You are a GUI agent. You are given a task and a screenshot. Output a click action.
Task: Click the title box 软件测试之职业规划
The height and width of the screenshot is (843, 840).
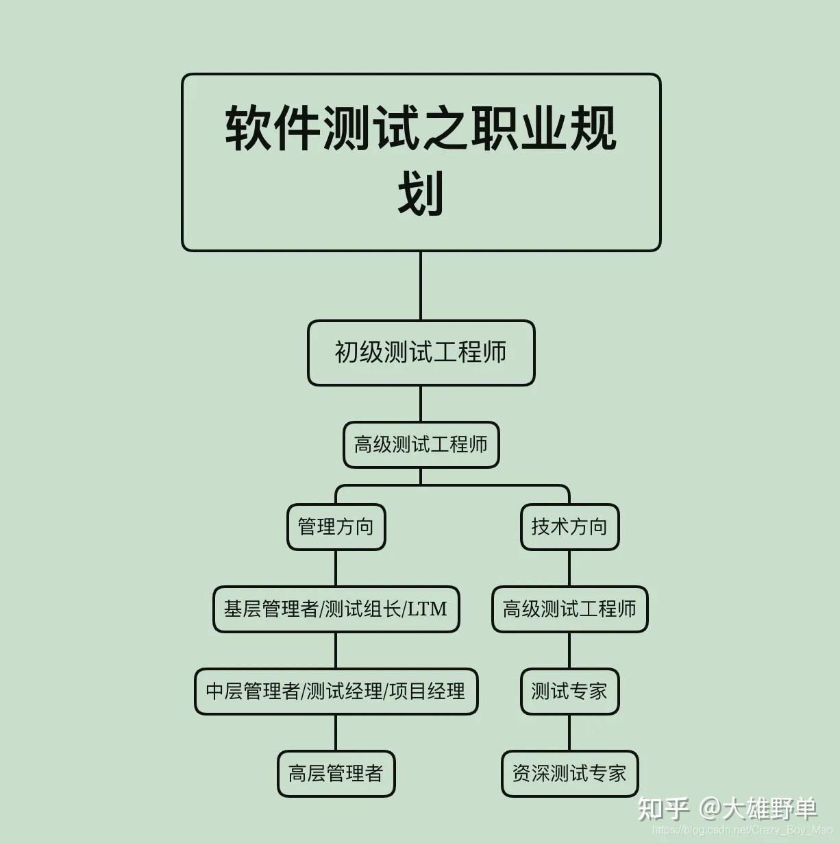coord(421,162)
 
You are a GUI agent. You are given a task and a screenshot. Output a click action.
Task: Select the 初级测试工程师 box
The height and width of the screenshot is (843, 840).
coord(421,353)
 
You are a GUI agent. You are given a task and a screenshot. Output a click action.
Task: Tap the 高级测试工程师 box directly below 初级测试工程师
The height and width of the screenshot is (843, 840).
coord(421,445)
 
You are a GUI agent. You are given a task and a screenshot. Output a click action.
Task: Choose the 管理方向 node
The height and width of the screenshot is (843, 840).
coord(336,527)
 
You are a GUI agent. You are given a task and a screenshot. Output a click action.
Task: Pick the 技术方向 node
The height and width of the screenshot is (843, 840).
coord(569,527)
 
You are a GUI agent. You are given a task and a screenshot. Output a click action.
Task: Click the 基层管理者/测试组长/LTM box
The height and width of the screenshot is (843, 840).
coord(336,609)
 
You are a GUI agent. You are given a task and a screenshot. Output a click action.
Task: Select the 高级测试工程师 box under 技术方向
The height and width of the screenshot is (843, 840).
coord(569,609)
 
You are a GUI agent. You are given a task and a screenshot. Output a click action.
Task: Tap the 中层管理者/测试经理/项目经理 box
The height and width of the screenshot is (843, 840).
coord(336,692)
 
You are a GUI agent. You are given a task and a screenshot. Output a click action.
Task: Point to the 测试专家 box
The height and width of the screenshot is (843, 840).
coord(569,692)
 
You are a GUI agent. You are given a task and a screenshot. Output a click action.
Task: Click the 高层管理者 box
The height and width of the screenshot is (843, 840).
coord(336,774)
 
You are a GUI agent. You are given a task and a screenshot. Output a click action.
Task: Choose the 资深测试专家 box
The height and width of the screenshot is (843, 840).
coord(569,774)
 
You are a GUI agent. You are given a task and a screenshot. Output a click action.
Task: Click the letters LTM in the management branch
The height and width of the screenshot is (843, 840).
coord(427,609)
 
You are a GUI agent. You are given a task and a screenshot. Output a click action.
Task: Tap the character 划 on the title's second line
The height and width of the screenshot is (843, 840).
coord(421,193)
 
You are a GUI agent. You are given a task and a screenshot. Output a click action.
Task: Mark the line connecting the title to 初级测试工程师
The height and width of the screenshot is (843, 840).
coord(421,286)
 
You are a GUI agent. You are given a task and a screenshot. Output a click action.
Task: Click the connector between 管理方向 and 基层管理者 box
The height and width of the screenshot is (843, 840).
coord(336,568)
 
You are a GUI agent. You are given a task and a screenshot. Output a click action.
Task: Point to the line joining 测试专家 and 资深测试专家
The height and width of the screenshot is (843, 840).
coord(569,733)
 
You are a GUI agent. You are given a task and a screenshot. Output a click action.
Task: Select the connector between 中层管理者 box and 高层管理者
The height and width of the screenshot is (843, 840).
coord(336,733)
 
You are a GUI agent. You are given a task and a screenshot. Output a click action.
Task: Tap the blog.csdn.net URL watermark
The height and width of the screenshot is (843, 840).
coord(742,829)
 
